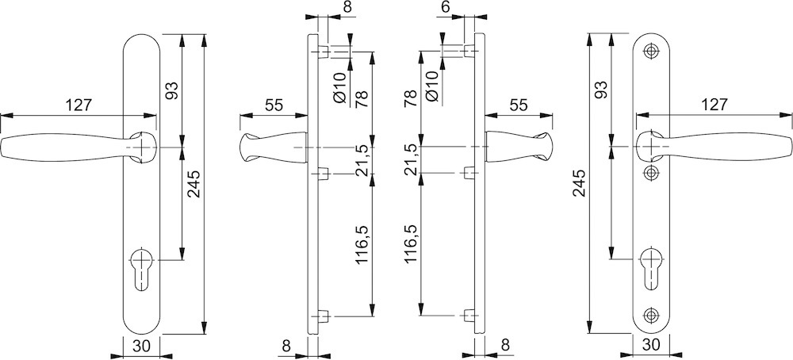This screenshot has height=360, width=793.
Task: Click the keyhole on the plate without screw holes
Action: pyautogui.click(x=141, y=269)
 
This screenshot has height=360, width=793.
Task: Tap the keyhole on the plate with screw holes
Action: pyautogui.click(x=650, y=269)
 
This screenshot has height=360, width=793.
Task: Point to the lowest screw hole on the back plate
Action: pyautogui.click(x=650, y=315)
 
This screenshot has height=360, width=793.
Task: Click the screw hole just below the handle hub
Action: pyautogui.click(x=650, y=174)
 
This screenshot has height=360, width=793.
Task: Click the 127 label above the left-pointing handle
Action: pyautogui.click(x=79, y=105)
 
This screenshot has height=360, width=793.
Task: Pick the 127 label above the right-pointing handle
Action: pyautogui.click(x=714, y=105)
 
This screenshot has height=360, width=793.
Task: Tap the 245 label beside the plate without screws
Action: pyautogui.click(x=193, y=183)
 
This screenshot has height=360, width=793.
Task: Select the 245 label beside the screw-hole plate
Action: pyautogui.click(x=579, y=183)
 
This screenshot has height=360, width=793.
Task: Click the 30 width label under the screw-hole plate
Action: pyautogui.click(x=651, y=345)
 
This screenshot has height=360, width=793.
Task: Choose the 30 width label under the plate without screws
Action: pyautogui.click(x=142, y=346)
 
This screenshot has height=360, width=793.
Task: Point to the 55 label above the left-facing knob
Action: pyautogui.click(x=274, y=105)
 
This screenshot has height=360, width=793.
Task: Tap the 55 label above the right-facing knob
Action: pyautogui.click(x=519, y=105)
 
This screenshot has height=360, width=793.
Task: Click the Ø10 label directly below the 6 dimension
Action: pyautogui.click(x=432, y=88)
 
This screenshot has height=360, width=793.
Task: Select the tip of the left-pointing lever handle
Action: pyautogui.click(x=2, y=147)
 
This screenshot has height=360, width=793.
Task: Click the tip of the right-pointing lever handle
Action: pyautogui.click(x=790, y=147)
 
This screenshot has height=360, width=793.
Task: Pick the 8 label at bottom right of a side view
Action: pyautogui.click(x=504, y=345)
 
